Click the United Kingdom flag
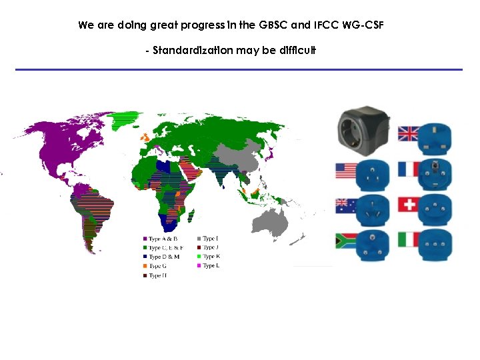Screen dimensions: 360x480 [408, 133]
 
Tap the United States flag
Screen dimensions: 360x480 [345, 171]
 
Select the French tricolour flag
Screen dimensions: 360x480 [408, 169]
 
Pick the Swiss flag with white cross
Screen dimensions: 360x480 [408, 204]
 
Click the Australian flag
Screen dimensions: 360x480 [345, 205]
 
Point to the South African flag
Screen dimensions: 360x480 [345, 240]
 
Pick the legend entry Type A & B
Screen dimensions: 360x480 [163, 238]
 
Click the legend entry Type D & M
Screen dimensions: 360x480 [164, 257]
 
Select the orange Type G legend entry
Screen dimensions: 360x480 [157, 266]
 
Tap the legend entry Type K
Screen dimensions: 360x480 [211, 257]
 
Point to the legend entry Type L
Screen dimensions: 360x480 [211, 266]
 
